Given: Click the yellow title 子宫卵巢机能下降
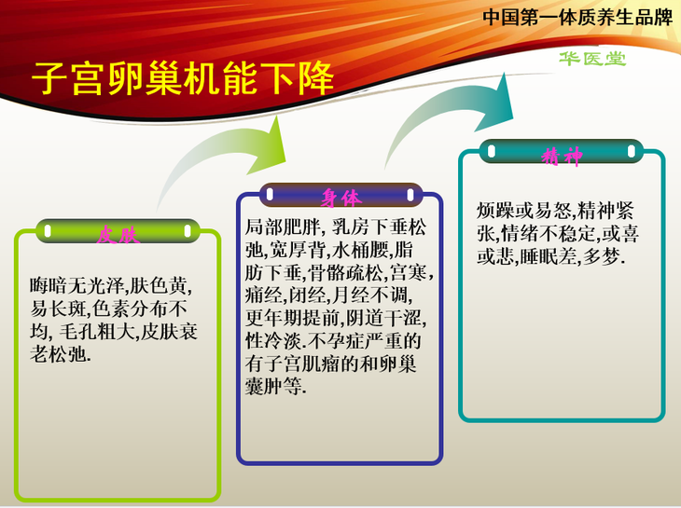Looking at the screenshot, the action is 183,78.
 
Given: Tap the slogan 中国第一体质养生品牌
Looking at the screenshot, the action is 577,18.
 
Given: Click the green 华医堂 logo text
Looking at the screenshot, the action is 592,59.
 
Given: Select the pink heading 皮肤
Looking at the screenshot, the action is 118,236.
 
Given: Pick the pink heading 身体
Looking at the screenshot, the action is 340,198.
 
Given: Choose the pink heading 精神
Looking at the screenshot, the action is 562,157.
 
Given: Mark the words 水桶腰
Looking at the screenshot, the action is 363,250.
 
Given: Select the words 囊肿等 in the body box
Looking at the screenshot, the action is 273,386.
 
